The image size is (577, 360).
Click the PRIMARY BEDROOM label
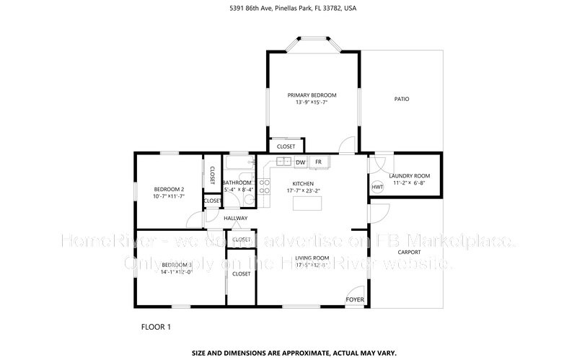click(x=312, y=95)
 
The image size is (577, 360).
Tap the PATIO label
click(x=401, y=99)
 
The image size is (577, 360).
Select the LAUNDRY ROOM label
click(x=409, y=176)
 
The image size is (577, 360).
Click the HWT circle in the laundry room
click(x=377, y=188)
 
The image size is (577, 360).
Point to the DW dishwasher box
click(x=299, y=162)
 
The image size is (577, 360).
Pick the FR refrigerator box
click(x=317, y=162)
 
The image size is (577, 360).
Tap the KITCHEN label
click(x=303, y=183)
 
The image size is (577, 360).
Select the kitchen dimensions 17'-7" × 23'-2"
click(x=303, y=191)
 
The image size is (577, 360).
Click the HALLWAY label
click(x=235, y=218)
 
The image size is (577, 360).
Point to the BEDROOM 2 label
click(x=169, y=189)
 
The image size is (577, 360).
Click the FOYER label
click(x=355, y=299)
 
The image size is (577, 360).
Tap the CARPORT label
click(x=409, y=252)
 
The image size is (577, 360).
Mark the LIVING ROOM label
click(x=312, y=258)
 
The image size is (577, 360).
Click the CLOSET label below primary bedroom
click(x=286, y=146)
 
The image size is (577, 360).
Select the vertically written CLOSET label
click(x=212, y=175)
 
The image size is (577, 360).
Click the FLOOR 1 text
click(x=156, y=327)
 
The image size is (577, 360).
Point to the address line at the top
click(x=288, y=9)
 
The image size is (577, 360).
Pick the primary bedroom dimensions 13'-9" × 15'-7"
click(x=312, y=102)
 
